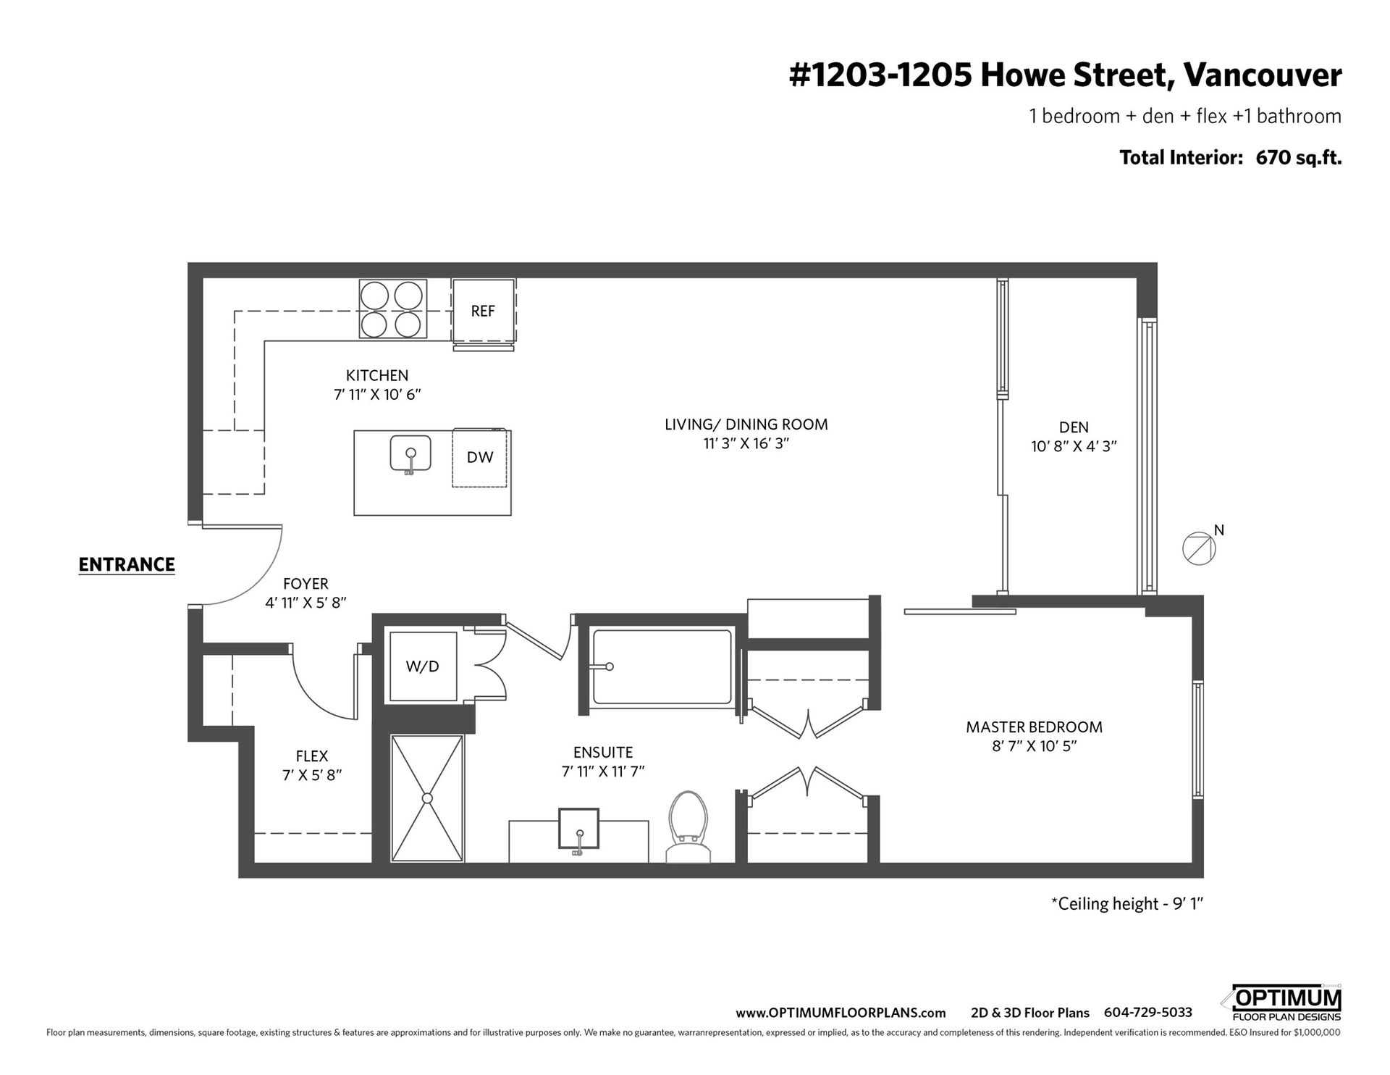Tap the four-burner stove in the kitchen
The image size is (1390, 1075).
tap(392, 309)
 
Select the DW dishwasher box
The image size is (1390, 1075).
tap(480, 457)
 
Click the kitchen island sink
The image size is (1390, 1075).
tap(410, 455)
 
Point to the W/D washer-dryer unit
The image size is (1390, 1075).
tap(423, 666)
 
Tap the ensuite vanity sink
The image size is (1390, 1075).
tap(578, 829)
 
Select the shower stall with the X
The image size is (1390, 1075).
tap(427, 798)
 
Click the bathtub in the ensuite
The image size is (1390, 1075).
tap(662, 666)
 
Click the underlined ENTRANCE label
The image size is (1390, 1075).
tap(127, 565)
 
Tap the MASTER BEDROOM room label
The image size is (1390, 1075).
tap(1034, 727)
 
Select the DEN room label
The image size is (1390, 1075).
tap(1074, 427)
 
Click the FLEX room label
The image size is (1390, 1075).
tap(312, 756)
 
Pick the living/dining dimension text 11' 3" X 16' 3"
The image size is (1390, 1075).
tap(746, 443)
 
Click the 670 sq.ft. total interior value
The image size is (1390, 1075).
tap(1299, 157)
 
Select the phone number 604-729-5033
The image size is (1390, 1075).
tap(1147, 1013)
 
